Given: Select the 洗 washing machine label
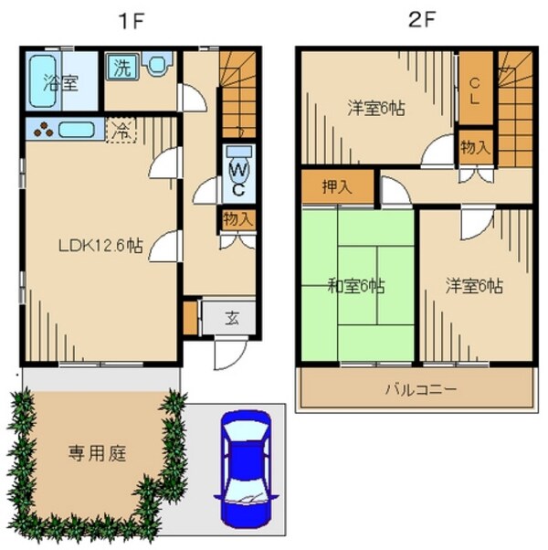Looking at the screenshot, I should click(x=121, y=67).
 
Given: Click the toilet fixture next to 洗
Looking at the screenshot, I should click(x=158, y=65).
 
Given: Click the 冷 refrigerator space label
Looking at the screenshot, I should click(x=119, y=131).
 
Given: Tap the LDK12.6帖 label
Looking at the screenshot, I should click(x=100, y=245).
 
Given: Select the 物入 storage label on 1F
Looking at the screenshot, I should click(x=237, y=219).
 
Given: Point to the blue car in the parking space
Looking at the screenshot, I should click(x=245, y=468).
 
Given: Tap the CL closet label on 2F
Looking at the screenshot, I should click(x=474, y=90).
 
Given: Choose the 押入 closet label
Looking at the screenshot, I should click(x=337, y=188).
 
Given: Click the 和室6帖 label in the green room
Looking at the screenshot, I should click(x=356, y=286).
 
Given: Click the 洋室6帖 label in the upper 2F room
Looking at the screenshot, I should click(x=376, y=107).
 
